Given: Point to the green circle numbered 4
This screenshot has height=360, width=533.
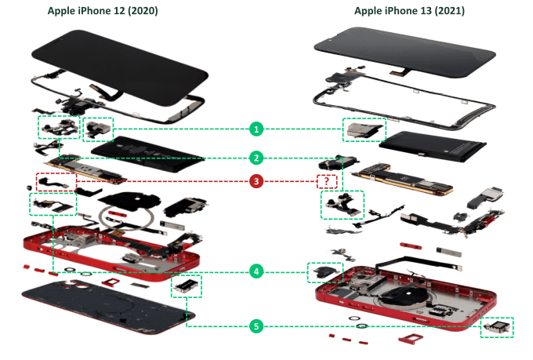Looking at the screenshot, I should pyautogui.click(x=256, y=271).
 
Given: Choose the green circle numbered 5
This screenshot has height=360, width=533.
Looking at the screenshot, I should pyautogui.click(x=256, y=325).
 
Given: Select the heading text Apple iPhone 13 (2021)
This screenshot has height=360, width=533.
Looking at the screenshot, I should pyautogui.click(x=409, y=10).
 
